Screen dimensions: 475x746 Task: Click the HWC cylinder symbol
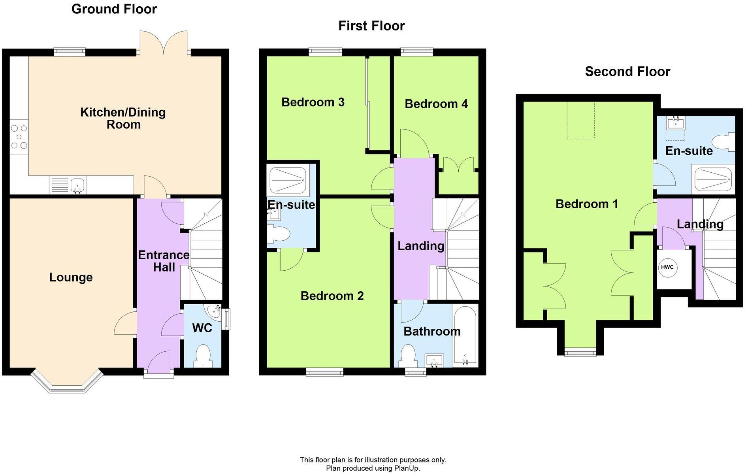pyautogui.click(x=667, y=268)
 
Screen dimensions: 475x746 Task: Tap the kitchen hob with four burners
pyautogui.click(x=19, y=137)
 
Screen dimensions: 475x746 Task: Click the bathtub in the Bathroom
pyautogui.click(x=465, y=335)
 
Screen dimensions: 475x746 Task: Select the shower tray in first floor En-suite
pyautogui.click(x=288, y=180)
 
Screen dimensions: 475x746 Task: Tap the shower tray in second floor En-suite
pyautogui.click(x=714, y=180)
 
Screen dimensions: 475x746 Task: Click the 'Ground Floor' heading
pyautogui.click(x=114, y=9)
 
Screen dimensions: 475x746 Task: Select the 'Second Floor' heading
pyautogui.click(x=627, y=72)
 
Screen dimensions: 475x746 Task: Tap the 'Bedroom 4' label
pyautogui.click(x=436, y=104)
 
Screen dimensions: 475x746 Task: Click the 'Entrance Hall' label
pyautogui.click(x=164, y=261)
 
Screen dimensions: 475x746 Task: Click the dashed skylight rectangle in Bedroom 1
pyautogui.click(x=580, y=120)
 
